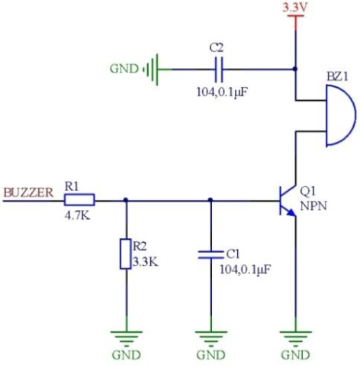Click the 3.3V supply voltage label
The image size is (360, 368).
click(x=294, y=8)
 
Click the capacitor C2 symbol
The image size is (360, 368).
click(x=218, y=69)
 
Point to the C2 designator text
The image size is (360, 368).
click(x=217, y=48)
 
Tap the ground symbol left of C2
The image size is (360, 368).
click(x=155, y=69)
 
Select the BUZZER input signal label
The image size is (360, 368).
click(x=28, y=192)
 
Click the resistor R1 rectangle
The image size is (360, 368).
click(x=79, y=201)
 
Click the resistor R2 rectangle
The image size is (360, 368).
click(x=126, y=253)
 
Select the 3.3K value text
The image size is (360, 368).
click(x=145, y=260)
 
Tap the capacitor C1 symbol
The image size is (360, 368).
click(x=211, y=253)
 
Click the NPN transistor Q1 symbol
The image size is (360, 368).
click(x=288, y=201)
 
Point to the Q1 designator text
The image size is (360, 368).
click(x=307, y=191)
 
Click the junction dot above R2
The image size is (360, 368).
click(x=126, y=201)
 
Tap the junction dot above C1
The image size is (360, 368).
click(x=211, y=201)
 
